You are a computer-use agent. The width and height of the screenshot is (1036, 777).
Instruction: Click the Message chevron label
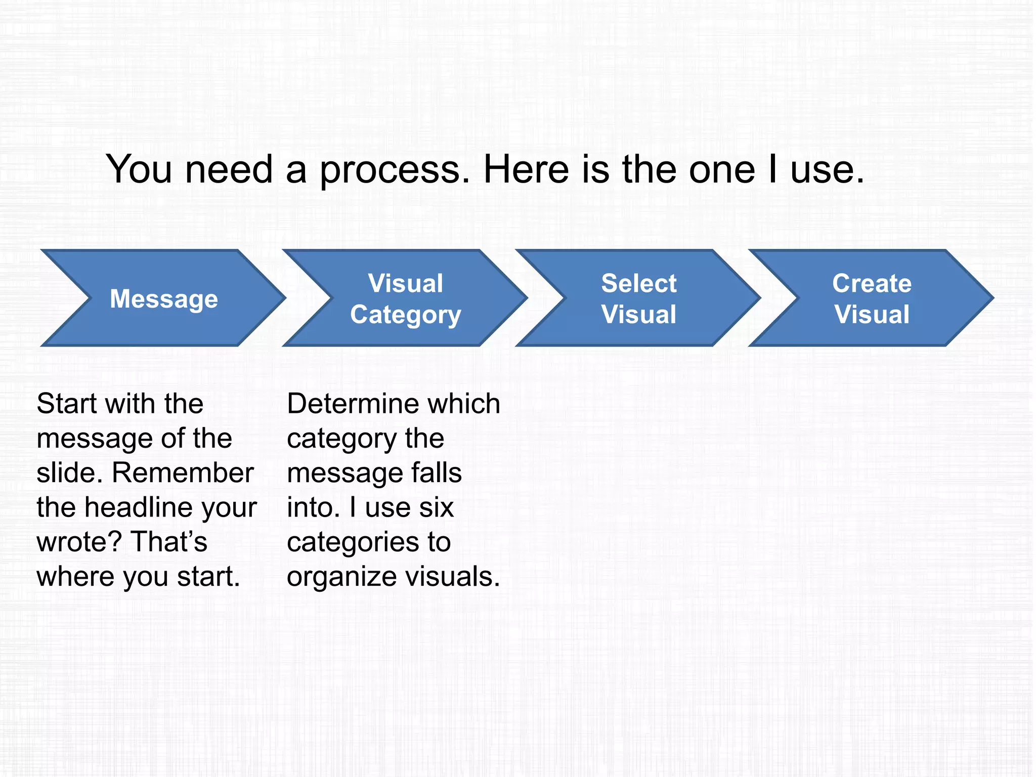(164, 298)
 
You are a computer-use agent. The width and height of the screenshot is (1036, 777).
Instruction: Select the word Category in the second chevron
(406, 315)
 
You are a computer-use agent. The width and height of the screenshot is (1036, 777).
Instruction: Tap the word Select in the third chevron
(638, 283)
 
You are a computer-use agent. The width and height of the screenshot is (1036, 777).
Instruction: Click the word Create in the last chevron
(872, 283)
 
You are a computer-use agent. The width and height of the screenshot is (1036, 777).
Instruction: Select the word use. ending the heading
(827, 170)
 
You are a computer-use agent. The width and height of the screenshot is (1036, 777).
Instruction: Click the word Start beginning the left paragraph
(67, 404)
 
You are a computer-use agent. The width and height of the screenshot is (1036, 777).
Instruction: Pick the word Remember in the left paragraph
(183, 473)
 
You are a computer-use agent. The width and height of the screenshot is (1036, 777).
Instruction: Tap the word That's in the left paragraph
(169, 542)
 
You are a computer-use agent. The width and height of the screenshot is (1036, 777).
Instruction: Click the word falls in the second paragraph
(436, 473)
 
